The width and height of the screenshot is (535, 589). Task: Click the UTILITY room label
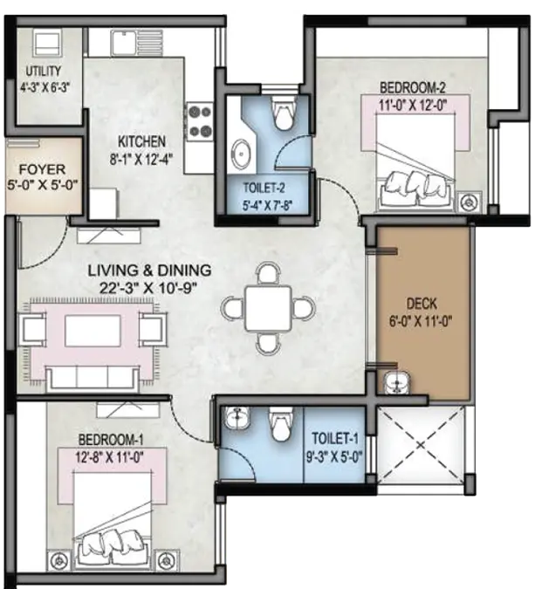tap(44, 71)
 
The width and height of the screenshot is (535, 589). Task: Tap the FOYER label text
tap(42, 169)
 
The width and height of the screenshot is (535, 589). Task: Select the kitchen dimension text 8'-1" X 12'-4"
tap(141, 160)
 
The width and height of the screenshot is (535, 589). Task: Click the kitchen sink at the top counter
tap(137, 42)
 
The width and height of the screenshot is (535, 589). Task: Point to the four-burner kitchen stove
tap(200, 121)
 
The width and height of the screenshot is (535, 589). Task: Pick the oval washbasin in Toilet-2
tap(241, 154)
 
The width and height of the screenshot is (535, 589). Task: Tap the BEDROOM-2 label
tap(413, 88)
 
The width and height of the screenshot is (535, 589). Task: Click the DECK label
tap(422, 304)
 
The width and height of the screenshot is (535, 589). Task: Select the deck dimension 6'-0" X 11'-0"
tap(421, 321)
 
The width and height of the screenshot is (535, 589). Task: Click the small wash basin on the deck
tap(397, 383)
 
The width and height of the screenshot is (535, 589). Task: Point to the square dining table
tap(268, 308)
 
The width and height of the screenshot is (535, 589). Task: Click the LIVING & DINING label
tap(149, 271)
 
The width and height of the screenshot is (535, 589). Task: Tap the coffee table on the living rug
tap(93, 331)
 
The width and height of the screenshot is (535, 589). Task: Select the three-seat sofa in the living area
tap(93, 379)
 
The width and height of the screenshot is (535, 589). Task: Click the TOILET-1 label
tap(335, 438)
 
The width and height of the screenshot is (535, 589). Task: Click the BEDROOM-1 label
tap(111, 439)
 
